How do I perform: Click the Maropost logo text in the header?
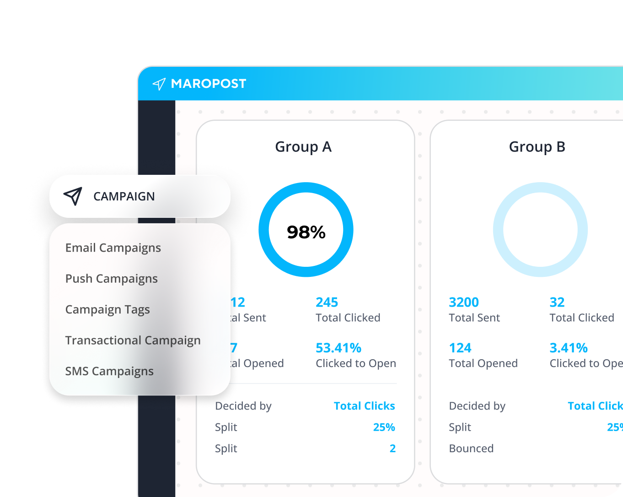(208, 84)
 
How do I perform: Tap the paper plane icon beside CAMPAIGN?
(73, 196)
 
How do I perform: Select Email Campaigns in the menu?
(113, 248)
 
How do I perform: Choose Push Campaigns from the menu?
(111, 279)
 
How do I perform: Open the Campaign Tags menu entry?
(107, 310)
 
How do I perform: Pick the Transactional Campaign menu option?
(133, 340)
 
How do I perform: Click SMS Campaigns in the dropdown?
(109, 371)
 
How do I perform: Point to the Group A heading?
(303, 147)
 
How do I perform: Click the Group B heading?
(537, 147)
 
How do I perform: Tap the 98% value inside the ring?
(306, 232)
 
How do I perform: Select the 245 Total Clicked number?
(327, 303)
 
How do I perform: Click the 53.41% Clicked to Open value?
(338, 348)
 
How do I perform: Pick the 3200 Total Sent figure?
(464, 303)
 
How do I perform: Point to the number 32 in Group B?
(557, 303)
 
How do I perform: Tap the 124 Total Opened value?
(460, 348)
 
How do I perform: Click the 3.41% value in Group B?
(569, 348)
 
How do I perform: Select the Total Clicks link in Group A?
(364, 406)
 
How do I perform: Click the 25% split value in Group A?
(384, 427)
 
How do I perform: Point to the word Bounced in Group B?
(471, 448)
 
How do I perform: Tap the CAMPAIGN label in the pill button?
(124, 196)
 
